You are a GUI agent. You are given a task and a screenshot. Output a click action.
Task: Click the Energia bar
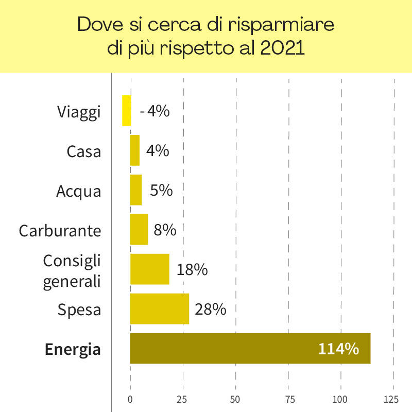[250, 348]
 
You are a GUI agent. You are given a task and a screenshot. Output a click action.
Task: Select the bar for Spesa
[160, 308]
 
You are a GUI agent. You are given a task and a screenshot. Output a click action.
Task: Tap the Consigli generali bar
[149, 269]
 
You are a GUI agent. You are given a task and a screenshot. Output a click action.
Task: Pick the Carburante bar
[139, 229]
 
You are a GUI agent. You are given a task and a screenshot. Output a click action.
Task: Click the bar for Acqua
[136, 190]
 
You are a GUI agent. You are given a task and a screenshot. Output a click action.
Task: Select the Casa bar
[135, 150]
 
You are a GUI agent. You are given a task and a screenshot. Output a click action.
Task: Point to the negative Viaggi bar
[126, 110]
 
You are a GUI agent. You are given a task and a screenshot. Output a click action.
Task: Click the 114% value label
[338, 349]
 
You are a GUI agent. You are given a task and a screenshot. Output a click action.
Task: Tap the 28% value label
[210, 309]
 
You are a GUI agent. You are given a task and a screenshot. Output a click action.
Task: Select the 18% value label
[192, 269]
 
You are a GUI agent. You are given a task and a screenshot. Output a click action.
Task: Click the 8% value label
[165, 230]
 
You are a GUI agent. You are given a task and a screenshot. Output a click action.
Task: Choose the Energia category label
[73, 349]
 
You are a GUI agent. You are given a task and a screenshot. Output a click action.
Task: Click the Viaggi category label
[79, 112]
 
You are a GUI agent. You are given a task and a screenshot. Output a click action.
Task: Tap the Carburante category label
[60, 230]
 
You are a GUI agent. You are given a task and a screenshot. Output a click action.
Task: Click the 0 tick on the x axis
[130, 399]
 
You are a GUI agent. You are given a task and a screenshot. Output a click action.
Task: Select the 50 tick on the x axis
[235, 399]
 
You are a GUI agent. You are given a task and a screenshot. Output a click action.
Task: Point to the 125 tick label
[391, 399]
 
